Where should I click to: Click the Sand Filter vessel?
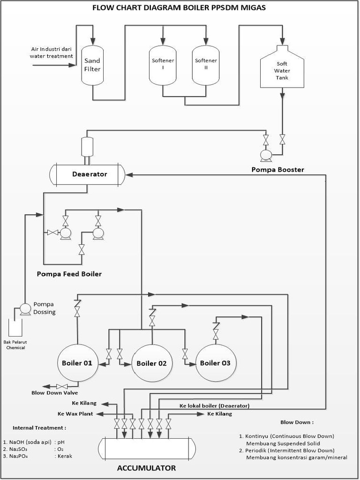click(x=92, y=65)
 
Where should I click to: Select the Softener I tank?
click(x=163, y=65)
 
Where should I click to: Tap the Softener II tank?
click(x=206, y=65)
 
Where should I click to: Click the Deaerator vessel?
click(x=88, y=174)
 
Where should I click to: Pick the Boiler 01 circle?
click(x=78, y=363)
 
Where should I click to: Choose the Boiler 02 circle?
click(x=151, y=363)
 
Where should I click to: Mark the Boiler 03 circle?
click(x=216, y=363)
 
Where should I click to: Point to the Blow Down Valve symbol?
click(x=60, y=386)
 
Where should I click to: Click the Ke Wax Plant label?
click(x=75, y=414)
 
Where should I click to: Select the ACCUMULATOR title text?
click(x=146, y=468)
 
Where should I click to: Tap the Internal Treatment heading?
click(x=39, y=427)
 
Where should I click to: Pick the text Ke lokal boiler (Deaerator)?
click(x=214, y=405)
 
